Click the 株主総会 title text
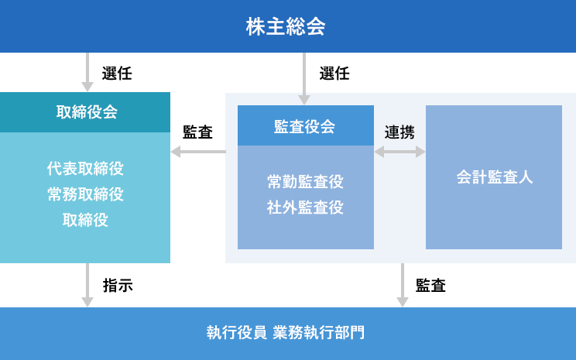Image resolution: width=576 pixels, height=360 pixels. point(286,26)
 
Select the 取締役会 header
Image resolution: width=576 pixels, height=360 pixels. point(87,111)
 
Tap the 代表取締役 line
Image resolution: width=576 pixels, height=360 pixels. point(85,169)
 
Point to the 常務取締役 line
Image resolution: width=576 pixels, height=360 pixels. point(85,194)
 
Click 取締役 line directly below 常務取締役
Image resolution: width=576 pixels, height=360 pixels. point(85,220)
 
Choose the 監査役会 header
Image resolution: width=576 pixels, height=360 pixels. point(305,126)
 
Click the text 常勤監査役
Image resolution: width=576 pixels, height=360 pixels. point(305,182)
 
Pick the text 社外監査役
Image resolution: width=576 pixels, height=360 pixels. point(305,207)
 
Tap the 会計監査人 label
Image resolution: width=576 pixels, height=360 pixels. point(494,177)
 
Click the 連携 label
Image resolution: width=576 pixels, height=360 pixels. point(399,132)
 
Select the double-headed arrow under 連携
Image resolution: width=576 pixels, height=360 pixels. point(399,153)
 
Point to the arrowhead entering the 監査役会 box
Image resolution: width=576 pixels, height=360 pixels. point(304,99)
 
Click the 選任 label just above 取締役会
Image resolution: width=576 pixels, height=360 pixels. point(118,74)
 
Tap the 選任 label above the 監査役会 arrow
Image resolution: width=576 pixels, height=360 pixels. point(334,74)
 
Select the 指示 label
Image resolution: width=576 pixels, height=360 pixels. point(118,285)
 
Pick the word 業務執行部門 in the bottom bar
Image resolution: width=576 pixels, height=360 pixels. point(319,333)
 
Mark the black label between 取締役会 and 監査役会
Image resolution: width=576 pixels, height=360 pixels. point(198,132)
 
